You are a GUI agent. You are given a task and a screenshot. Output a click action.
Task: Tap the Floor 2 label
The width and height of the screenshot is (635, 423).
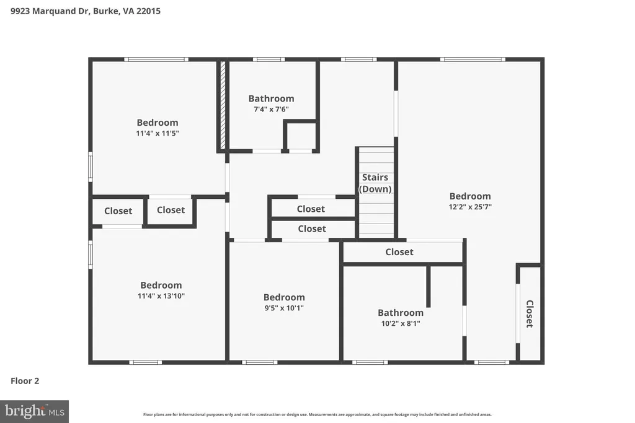coord(25,380)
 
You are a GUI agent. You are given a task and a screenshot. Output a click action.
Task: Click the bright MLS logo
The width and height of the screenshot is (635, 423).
coord(35,412)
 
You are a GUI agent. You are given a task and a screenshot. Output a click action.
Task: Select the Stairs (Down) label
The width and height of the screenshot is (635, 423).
coord(375,183)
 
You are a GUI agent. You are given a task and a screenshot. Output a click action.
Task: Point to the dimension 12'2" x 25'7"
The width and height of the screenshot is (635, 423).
coord(470,207)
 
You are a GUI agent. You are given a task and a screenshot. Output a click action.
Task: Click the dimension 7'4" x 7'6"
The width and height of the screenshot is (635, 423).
coord(272,109)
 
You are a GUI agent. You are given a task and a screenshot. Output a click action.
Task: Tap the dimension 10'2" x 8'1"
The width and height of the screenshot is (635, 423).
coord(401,323)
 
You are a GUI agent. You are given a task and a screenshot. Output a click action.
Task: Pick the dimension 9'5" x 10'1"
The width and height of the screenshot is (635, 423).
coord(284,308)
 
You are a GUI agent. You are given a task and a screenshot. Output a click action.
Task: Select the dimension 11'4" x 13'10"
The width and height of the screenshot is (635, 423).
coord(161,295)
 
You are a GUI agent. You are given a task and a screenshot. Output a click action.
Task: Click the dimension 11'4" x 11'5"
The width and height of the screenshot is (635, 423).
coord(158,133)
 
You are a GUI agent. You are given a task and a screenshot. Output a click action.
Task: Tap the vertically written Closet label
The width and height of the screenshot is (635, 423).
coord(530,314)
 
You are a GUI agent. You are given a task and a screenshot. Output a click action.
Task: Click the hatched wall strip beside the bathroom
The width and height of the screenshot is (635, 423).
coord(223,105)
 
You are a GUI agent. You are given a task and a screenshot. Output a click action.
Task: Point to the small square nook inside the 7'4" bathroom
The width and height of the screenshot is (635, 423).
coord(301,136)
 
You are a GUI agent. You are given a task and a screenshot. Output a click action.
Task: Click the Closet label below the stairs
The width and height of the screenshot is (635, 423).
coord(399,252)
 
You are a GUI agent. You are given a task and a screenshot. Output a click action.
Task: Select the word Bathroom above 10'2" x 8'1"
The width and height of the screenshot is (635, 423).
coord(401,313)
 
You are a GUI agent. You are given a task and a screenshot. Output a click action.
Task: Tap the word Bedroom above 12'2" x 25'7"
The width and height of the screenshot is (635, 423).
coord(470,196)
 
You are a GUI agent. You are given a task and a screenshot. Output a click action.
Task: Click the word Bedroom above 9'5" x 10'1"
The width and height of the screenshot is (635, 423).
coord(284,297)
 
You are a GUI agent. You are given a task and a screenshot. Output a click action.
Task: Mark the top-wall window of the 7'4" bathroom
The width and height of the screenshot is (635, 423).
coord(269,59)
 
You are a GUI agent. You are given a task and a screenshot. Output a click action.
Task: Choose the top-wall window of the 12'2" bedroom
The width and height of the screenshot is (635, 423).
coord(473,59)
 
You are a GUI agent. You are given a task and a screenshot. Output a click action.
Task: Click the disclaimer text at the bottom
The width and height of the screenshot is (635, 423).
coord(317,414)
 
